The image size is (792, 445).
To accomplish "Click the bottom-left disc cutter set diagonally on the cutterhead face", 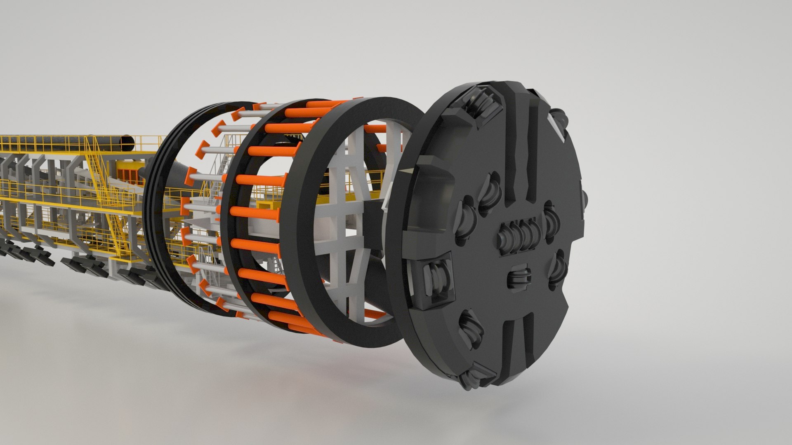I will (x=469, y=325).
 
